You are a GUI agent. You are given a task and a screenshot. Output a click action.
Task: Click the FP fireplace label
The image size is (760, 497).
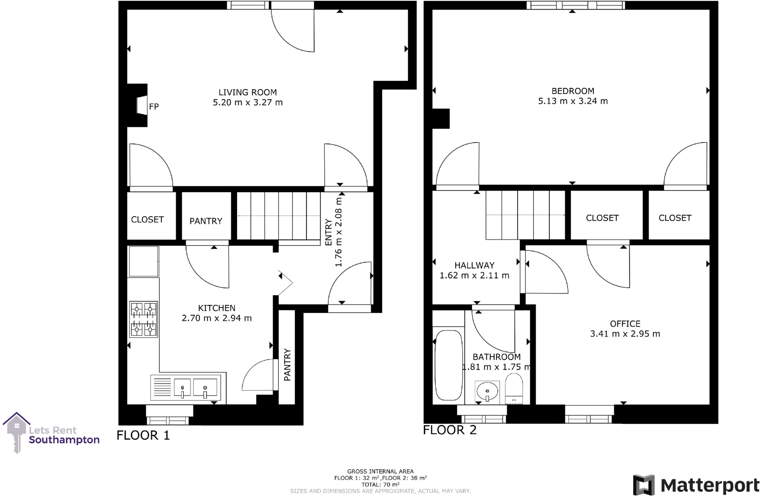tap(154, 107)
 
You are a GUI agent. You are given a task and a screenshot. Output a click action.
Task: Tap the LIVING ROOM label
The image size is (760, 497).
tap(248, 92)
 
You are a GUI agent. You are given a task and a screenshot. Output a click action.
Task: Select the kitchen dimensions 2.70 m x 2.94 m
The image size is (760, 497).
tap(217, 318)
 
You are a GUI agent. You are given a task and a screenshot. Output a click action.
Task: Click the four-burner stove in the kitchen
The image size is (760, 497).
tap(144, 319)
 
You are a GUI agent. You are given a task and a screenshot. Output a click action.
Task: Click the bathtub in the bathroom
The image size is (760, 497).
tap(449, 365)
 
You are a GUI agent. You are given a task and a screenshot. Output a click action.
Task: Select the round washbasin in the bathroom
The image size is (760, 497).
tap(487, 391)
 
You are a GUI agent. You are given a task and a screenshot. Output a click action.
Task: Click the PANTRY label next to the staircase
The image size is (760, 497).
tap(206, 221)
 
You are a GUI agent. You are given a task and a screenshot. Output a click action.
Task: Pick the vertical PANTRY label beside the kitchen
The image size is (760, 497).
tap(287, 365)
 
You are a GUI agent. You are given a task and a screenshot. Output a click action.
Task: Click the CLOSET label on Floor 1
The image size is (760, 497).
tap(147, 220)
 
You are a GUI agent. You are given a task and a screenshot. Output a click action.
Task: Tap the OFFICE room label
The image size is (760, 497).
tap(625, 324)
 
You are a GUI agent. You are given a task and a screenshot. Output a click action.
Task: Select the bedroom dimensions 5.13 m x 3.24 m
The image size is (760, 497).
tap(573, 101)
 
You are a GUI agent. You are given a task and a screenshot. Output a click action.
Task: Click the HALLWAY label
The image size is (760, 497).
tap(474, 265)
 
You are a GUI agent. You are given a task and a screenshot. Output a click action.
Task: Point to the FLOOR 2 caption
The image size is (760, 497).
tap(450, 430)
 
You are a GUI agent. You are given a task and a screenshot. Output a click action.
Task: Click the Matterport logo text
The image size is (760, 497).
tap(710, 485)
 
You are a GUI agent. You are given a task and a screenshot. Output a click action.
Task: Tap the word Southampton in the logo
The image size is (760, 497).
tap(64, 440)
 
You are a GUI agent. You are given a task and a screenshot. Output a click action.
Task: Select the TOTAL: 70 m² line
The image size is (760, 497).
tap(380, 484)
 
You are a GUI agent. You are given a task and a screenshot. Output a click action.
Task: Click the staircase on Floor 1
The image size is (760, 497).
tap(279, 216)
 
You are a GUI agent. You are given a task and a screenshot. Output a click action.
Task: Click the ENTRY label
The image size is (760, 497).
tap(328, 232)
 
